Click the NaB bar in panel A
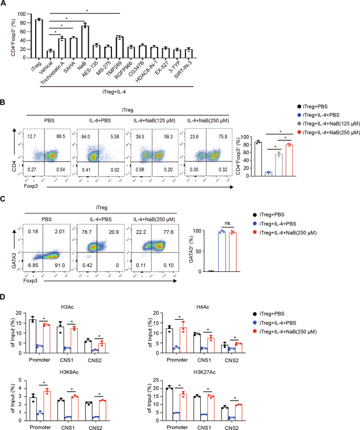84,42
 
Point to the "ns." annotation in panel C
228,222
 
